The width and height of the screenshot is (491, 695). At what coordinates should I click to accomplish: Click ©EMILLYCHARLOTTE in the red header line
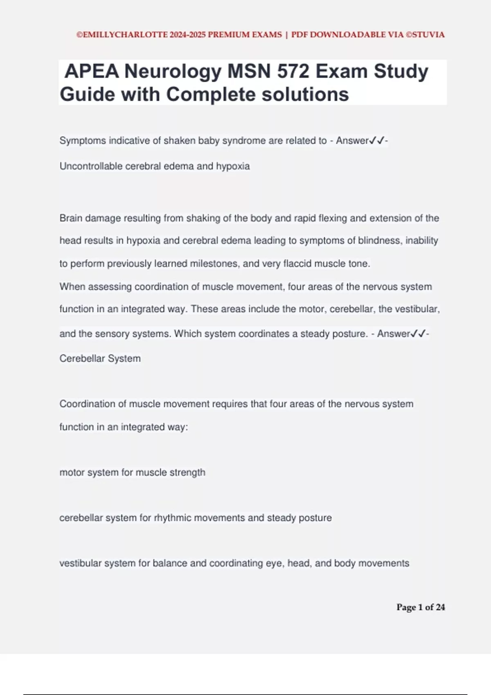coord(122,35)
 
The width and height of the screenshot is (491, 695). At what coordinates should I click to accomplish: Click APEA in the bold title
coord(92,72)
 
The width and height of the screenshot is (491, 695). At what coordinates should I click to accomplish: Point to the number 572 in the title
coord(293,72)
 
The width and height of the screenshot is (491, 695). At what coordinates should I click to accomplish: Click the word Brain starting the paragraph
coord(71,218)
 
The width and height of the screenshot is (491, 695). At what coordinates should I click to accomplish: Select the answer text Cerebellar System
coord(100,359)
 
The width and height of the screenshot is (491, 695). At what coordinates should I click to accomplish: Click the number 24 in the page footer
coord(440,608)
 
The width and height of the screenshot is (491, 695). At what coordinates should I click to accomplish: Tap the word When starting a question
coord(72,287)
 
